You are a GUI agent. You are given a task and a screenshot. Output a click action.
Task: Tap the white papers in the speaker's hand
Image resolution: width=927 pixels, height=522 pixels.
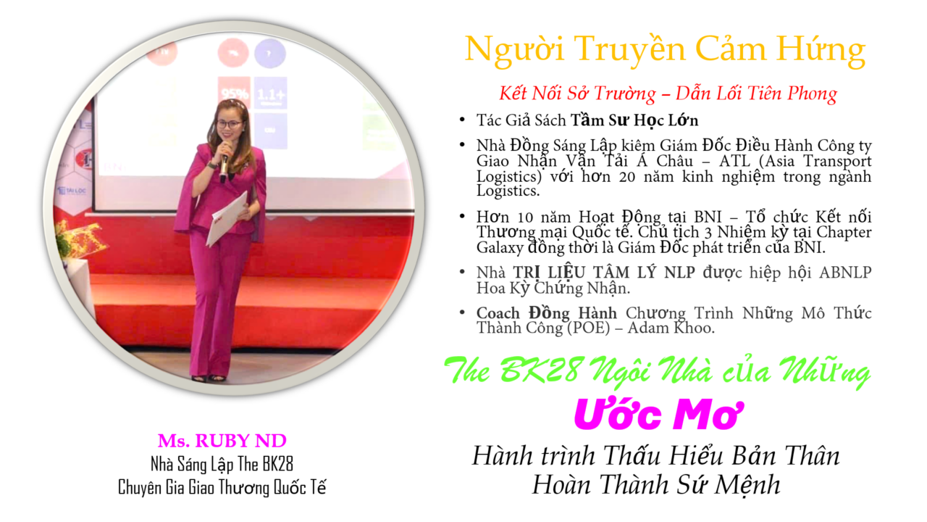click(228, 218)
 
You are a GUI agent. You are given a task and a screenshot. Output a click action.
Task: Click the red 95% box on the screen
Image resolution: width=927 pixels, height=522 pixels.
click(234, 94)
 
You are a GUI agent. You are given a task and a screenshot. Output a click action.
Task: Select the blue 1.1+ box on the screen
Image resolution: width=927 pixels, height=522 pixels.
click(271, 94)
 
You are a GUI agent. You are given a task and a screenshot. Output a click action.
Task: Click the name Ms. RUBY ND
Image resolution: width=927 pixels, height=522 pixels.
click(222, 441)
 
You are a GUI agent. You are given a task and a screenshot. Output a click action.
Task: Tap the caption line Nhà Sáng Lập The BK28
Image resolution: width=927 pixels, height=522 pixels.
click(222, 465)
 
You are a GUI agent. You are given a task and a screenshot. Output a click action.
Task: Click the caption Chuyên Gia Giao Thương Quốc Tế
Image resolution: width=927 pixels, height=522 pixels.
click(222, 487)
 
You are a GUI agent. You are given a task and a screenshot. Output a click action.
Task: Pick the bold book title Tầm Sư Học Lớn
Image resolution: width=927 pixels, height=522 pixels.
click(634, 120)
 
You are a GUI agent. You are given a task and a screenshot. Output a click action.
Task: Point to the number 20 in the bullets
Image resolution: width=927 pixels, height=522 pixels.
click(627, 177)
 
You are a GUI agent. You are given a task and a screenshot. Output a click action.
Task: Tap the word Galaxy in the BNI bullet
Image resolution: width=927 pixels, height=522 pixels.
click(500, 248)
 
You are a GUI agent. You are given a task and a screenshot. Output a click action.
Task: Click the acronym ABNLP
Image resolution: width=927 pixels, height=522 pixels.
click(845, 273)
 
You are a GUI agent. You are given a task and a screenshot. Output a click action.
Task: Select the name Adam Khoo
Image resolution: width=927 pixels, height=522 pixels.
click(671, 328)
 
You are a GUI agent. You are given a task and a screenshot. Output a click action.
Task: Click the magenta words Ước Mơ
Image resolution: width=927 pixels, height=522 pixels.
click(658, 414)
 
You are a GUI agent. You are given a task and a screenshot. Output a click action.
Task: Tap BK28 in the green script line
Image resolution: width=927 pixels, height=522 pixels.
click(540, 370)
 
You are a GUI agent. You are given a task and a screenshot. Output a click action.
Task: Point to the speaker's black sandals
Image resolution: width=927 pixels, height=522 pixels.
click(209, 378)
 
